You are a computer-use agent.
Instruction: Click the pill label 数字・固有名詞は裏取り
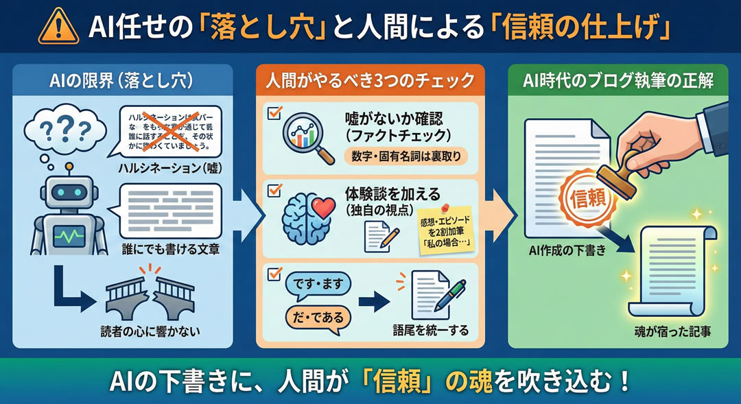(x=405, y=157)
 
